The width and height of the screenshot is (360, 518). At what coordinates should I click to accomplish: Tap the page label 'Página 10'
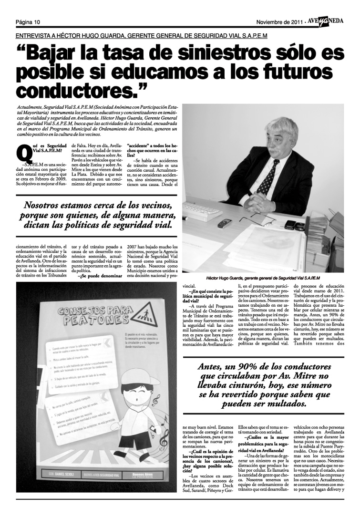tap(27, 22)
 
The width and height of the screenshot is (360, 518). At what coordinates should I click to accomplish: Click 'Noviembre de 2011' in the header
tap(278, 22)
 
